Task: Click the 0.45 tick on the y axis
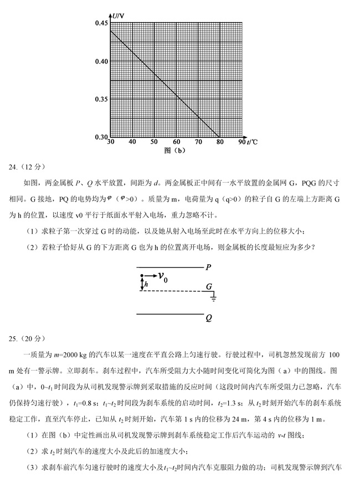coord(101,23)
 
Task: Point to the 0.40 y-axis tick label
coord(101,61)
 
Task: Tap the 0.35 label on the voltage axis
coord(101,99)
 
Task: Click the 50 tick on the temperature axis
coord(154,142)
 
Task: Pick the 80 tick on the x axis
coord(220,142)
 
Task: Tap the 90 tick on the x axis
coord(241,142)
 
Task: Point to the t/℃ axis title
coord(252,142)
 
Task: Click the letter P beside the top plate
coord(208,267)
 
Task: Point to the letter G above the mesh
coord(209,287)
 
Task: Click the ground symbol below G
coord(213,299)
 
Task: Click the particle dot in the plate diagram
coord(142,276)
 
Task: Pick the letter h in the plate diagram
coord(146,284)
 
